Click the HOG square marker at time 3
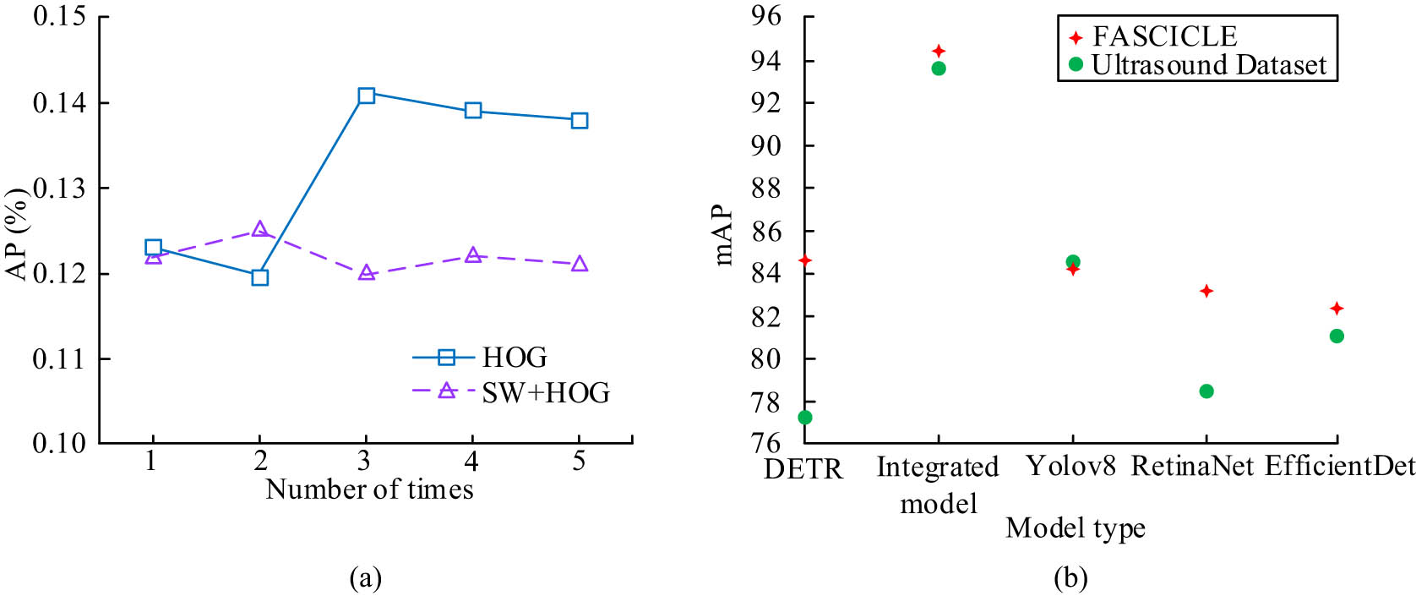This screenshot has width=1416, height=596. click(366, 96)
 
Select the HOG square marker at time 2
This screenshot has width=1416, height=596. click(259, 277)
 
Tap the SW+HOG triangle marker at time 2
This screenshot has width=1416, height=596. click(259, 230)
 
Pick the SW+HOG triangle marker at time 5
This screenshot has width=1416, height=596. click(579, 265)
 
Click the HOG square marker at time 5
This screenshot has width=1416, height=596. click(579, 121)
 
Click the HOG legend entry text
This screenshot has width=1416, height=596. click(515, 358)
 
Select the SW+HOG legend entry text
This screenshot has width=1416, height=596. click(545, 393)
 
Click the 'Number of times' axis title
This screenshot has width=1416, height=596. click(369, 489)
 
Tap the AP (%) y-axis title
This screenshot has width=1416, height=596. click(17, 233)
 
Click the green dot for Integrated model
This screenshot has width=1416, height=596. click(939, 68)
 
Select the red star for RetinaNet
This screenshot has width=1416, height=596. click(1206, 291)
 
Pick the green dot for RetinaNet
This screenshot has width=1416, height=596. click(1206, 391)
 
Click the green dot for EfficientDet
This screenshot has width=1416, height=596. click(1337, 336)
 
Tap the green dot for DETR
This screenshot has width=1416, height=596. click(805, 418)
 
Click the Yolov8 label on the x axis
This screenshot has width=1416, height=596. click(1071, 466)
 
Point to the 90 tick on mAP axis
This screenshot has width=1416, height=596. click(765, 145)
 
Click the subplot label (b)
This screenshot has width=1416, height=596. click(1071, 578)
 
